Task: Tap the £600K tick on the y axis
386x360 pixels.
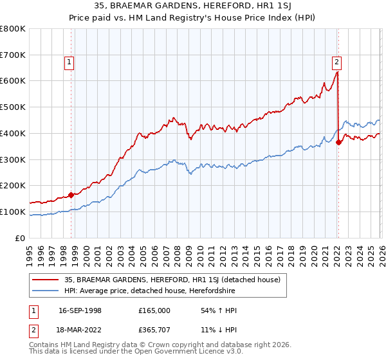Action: click(12, 81)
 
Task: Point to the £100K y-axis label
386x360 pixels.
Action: click(12, 212)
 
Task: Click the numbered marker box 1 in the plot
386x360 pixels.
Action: click(69, 62)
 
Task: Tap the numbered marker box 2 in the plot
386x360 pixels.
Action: click(336, 62)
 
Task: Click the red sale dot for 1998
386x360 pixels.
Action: click(71, 194)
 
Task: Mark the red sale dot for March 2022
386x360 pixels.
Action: click(338, 142)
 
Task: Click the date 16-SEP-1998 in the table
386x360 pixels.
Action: click(80, 310)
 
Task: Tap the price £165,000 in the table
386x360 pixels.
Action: click(154, 310)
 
